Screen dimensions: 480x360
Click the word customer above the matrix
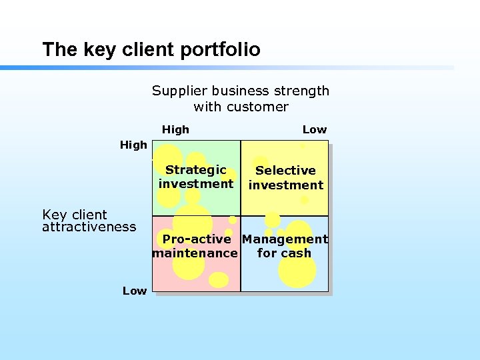tap(259, 107)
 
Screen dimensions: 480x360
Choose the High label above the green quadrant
tap(175, 129)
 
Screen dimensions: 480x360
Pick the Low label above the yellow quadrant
tap(315, 129)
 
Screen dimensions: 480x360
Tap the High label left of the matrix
tap(133, 145)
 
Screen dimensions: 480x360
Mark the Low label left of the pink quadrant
tap(135, 291)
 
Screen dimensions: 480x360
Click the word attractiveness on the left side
tap(89, 227)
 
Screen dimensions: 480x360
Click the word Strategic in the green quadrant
tap(196, 170)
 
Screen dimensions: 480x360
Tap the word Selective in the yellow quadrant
tap(285, 171)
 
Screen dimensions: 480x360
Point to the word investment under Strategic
tap(196, 184)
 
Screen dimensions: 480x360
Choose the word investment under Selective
tap(285, 185)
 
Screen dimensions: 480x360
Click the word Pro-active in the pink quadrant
tap(197, 239)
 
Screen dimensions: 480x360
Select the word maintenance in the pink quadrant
tap(195, 253)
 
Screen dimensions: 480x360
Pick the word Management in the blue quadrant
tap(285, 239)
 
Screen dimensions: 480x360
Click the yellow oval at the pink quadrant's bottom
tap(219, 280)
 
